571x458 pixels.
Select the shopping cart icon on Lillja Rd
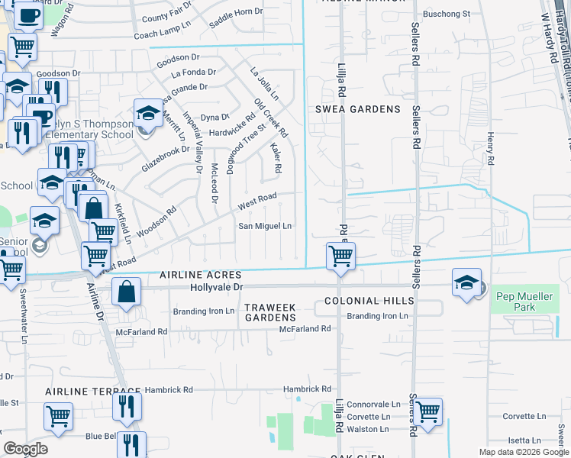pos(340,255)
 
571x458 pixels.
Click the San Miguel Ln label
pos(266,226)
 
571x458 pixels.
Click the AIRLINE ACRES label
pos(200,275)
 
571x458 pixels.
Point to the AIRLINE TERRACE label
pos(82,392)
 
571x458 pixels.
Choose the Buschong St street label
pos(447,14)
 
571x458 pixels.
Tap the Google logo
pos(25,449)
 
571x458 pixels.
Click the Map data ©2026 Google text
pos(523,452)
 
